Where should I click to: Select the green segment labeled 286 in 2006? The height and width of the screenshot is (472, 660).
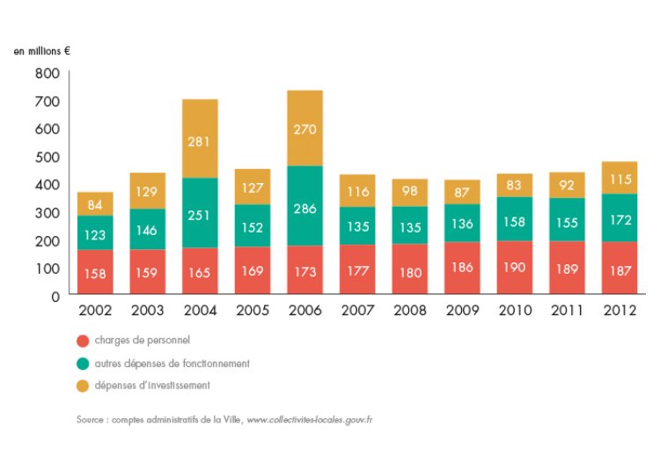304,205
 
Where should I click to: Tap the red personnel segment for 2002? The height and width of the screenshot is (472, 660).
94,272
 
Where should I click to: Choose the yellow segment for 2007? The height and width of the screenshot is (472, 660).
357,191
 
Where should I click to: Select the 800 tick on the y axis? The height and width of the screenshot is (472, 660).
48,73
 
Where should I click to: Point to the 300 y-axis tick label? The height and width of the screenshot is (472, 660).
48,212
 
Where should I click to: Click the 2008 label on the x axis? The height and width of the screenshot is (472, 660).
409,310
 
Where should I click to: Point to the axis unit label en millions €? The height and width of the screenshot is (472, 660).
41,51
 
